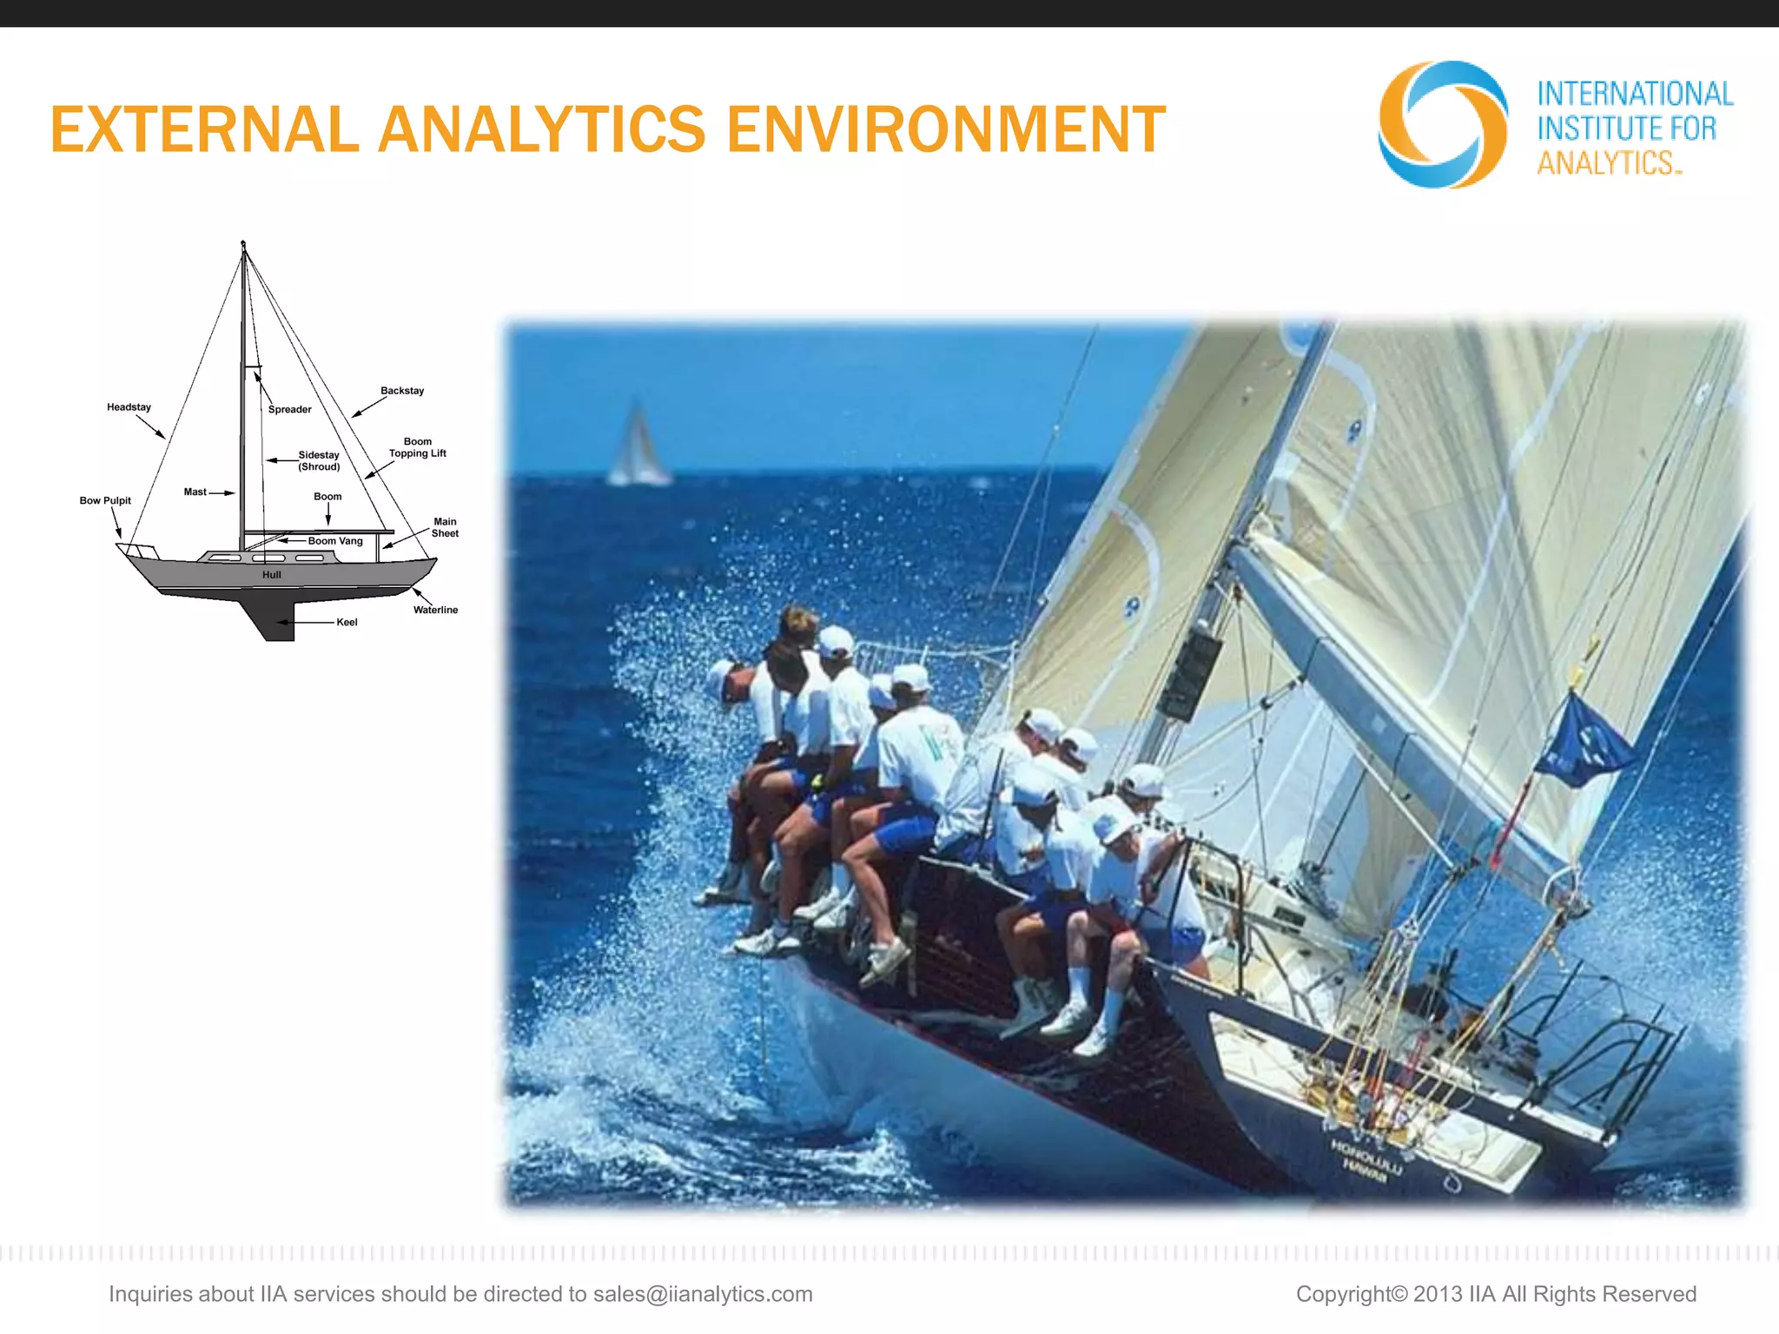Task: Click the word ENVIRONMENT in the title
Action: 945,130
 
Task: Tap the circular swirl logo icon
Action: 1442,124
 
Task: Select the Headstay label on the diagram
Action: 129,407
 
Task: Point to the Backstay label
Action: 402,391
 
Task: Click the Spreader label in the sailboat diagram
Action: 289,409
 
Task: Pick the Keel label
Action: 347,622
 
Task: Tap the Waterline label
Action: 435,610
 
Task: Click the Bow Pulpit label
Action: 105,500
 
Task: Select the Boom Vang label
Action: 335,541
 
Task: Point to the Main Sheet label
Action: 445,527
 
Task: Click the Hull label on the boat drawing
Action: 272,575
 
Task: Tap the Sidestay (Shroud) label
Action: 319,460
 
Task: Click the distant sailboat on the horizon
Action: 638,447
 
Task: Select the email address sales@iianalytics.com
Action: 703,1294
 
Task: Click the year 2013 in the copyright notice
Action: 1438,1294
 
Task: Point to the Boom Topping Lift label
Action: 417,447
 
